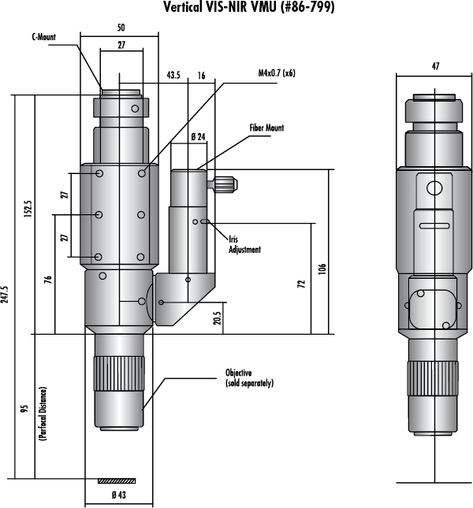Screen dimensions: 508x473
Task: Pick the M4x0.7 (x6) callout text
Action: [281, 73]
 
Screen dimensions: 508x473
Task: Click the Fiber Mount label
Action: [267, 128]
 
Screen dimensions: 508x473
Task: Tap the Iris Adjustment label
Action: [244, 244]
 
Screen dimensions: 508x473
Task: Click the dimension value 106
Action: [324, 268]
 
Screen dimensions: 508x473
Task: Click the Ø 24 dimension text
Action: [198, 136]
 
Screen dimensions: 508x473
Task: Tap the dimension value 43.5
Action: [174, 76]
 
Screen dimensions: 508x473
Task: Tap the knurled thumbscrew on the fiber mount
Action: [227, 186]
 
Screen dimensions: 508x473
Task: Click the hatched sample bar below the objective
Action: [117, 480]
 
